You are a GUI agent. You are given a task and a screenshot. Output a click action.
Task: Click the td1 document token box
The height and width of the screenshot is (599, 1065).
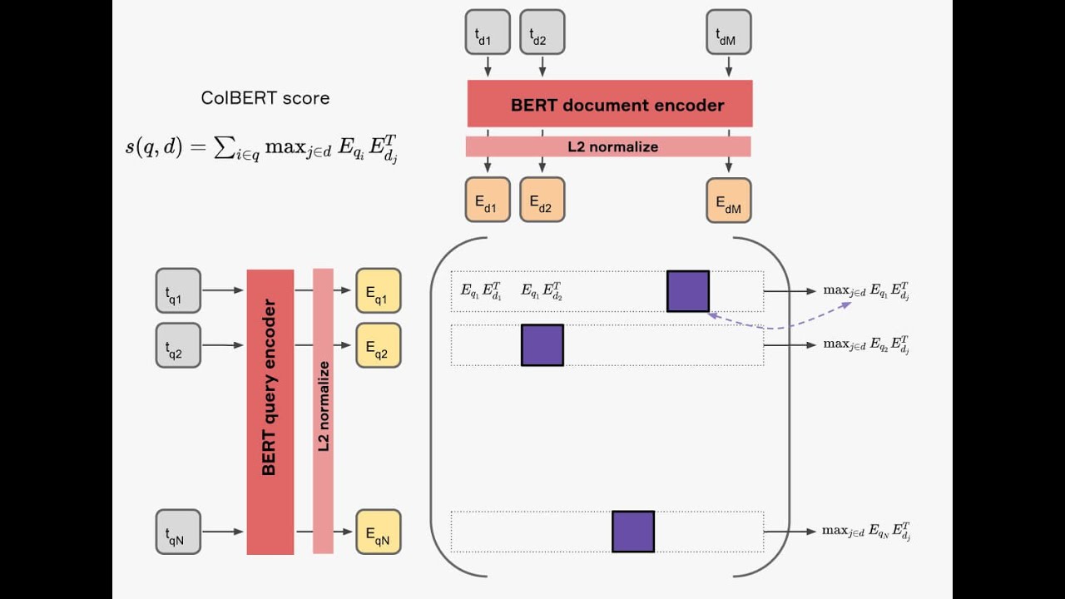[x=488, y=32]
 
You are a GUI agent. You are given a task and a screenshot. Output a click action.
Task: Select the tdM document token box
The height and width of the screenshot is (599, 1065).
[x=728, y=32]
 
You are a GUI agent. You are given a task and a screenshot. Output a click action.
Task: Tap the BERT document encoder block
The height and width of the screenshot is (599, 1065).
[x=610, y=104]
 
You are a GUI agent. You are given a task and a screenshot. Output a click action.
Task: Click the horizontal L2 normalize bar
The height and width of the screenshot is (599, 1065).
[x=608, y=147]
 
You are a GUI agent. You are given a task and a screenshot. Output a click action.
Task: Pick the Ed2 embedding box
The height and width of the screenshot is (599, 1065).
[x=542, y=200]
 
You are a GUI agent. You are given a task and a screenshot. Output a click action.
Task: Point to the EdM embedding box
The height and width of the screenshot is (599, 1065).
[x=728, y=200]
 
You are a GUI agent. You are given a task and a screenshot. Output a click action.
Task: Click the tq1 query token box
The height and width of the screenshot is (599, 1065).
[x=178, y=290]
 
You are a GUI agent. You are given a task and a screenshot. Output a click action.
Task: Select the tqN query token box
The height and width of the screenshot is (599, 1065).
[x=178, y=532]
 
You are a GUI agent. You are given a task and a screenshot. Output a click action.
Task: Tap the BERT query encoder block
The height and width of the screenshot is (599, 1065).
[x=270, y=412]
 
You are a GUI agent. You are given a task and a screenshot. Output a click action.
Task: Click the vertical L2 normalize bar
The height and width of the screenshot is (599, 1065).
[x=323, y=411]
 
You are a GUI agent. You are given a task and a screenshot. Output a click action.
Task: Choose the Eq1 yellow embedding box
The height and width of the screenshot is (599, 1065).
[x=378, y=290]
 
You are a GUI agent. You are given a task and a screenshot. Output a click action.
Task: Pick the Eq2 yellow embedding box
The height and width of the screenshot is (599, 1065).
[x=378, y=345]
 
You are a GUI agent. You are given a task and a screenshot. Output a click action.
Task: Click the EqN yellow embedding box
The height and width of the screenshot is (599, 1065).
[x=378, y=532]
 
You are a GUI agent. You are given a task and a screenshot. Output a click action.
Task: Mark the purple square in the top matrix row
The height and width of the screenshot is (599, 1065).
[x=688, y=291]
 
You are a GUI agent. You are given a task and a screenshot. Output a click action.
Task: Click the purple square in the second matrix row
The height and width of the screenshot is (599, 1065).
[x=542, y=345]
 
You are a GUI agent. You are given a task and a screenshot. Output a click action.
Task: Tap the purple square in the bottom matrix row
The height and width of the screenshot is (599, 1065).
[x=633, y=532]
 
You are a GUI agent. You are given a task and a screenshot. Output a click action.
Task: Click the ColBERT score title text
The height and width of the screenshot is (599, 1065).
[x=265, y=98]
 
